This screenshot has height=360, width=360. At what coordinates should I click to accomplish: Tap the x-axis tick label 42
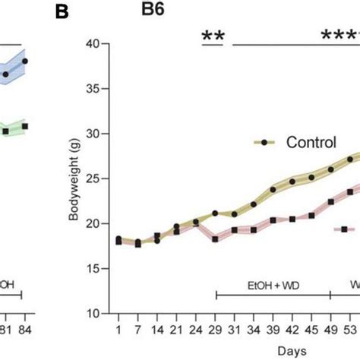click(x=292, y=330)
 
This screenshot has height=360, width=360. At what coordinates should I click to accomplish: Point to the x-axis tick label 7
click(x=137, y=330)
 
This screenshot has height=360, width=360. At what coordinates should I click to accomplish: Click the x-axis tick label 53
click(x=351, y=330)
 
